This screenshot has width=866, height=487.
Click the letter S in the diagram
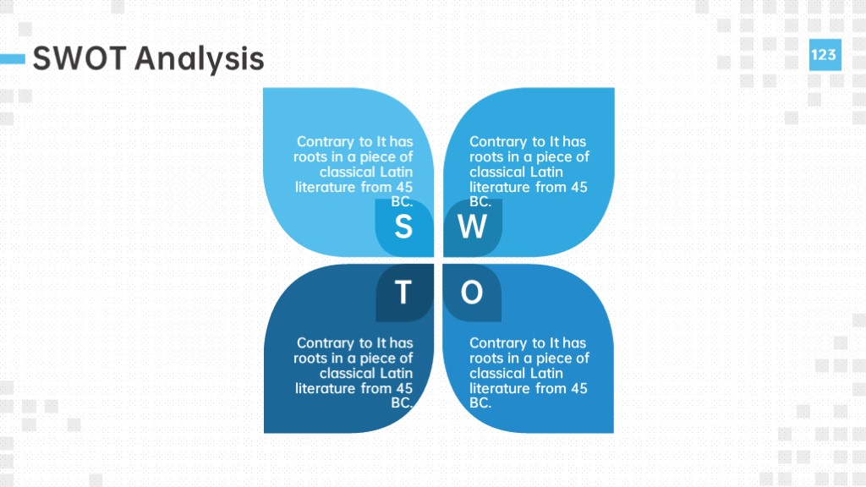(x=403, y=227)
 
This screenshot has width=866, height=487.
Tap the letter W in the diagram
(x=472, y=227)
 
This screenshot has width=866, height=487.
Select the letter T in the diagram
(x=403, y=292)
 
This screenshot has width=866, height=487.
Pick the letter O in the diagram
(x=472, y=292)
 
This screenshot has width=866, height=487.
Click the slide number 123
(x=824, y=55)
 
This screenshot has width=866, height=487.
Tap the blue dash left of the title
(x=13, y=59)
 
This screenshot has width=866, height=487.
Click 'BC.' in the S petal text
(x=402, y=201)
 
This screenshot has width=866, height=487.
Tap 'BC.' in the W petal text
(x=480, y=201)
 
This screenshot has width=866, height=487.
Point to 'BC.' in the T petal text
(x=402, y=403)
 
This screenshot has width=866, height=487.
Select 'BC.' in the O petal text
(x=480, y=403)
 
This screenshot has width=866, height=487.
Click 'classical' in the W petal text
(x=496, y=172)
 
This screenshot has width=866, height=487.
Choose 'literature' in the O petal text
(x=500, y=388)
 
